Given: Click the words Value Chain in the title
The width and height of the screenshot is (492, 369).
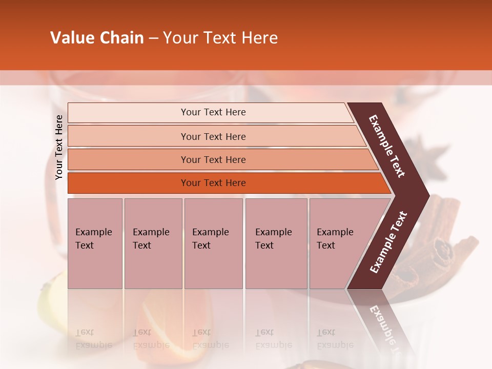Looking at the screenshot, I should (97, 38).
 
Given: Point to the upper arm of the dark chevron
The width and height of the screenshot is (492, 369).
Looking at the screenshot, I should (387, 146).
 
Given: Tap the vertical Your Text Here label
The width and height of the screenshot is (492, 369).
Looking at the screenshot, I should (59, 147).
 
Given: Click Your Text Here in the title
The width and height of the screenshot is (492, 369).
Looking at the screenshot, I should (220, 38).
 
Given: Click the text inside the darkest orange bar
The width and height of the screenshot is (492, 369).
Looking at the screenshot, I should (213, 183).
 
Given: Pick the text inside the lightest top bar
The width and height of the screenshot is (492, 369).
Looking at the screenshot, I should (213, 112).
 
